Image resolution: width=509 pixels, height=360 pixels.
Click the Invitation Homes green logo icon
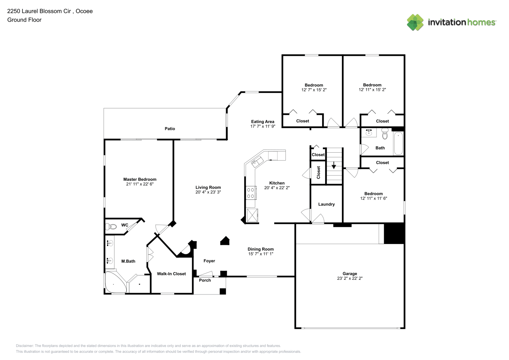pyautogui.click(x=415, y=22)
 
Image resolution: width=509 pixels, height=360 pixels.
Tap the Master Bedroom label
pyautogui.click(x=140, y=179)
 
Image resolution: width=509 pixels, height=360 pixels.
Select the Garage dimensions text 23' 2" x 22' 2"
pyautogui.click(x=350, y=278)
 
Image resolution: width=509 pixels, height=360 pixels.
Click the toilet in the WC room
pyautogui.click(x=111, y=226)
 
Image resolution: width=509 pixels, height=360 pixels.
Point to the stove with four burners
pyautogui.click(x=251, y=193)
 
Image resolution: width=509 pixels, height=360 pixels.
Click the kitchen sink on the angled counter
pyautogui.click(x=257, y=162)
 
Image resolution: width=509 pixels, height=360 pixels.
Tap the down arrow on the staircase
pyautogui.click(x=334, y=165)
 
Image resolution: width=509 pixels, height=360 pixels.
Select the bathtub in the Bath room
pyautogui.click(x=398, y=143)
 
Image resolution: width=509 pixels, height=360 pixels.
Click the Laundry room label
pyautogui.click(x=326, y=204)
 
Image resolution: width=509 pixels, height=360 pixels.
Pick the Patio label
pyautogui.click(x=170, y=129)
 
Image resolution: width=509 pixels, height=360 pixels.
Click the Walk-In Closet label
pyautogui.click(x=171, y=274)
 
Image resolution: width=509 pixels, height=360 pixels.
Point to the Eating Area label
pyautogui.click(x=262, y=122)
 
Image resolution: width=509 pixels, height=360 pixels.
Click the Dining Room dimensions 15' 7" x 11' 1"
pyautogui.click(x=261, y=254)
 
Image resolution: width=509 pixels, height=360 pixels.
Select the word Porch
pyautogui.click(x=205, y=280)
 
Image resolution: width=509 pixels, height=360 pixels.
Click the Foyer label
pyautogui.click(x=209, y=261)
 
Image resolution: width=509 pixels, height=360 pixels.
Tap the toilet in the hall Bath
pyautogui.click(x=385, y=134)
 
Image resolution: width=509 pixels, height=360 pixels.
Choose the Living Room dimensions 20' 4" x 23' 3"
pyautogui.click(x=208, y=192)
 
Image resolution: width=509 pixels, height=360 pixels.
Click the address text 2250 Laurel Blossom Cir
pyautogui.click(x=39, y=11)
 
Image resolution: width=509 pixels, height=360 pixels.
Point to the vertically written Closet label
pyautogui.click(x=318, y=172)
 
